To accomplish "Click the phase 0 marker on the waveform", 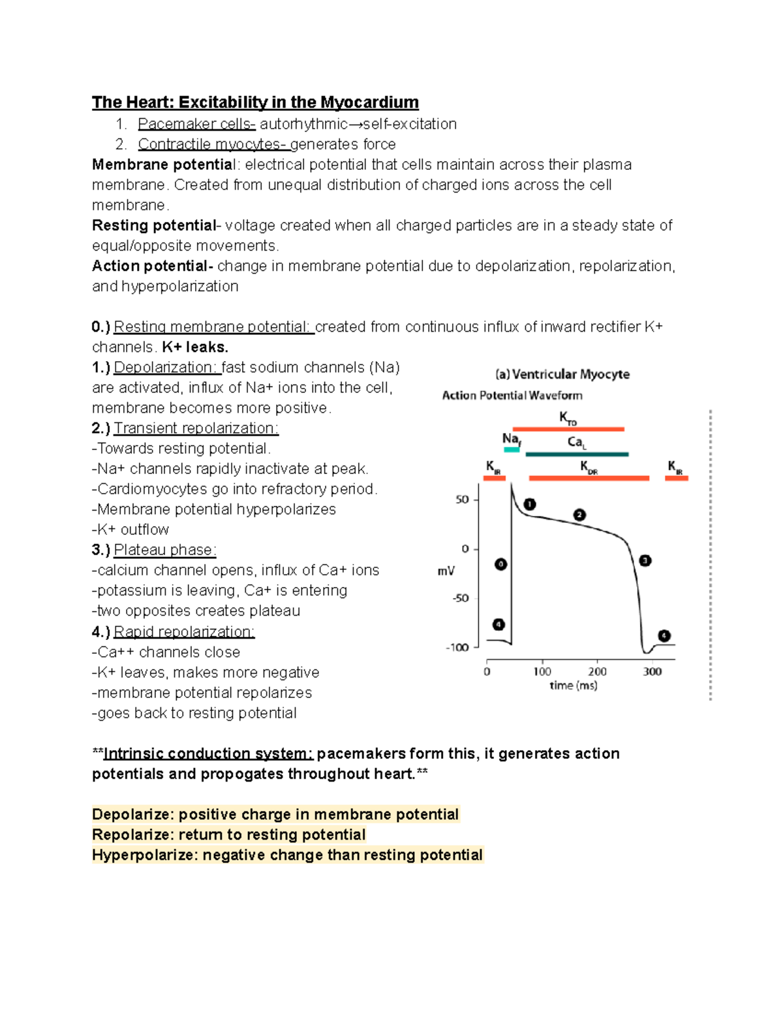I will click(500, 564).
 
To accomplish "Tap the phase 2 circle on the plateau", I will click(579, 515).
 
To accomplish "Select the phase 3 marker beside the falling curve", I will click(645, 561).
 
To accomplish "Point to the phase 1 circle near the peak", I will click(530, 504).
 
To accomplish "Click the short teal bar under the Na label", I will click(512, 450).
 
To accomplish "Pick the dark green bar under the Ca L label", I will click(577, 454).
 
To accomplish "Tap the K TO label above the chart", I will click(568, 418).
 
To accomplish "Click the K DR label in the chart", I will click(589, 467).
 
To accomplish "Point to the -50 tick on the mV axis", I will click(461, 598).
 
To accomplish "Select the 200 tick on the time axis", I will click(597, 671).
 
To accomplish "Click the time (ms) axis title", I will click(573, 686).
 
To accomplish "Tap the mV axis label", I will click(446, 571).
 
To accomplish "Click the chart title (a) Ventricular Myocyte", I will click(562, 374).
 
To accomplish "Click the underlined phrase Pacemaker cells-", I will click(196, 124).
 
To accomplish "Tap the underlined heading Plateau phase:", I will click(164, 550).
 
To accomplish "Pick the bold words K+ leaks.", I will click(195, 347).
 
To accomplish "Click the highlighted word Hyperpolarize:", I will click(145, 855).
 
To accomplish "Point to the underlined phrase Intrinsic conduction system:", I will click(208, 753).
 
